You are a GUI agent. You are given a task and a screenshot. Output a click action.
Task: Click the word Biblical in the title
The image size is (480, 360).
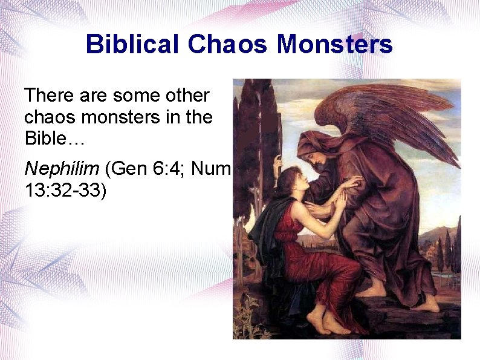[x=132, y=44]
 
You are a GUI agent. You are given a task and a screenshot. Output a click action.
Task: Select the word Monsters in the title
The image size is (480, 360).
[x=335, y=44]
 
